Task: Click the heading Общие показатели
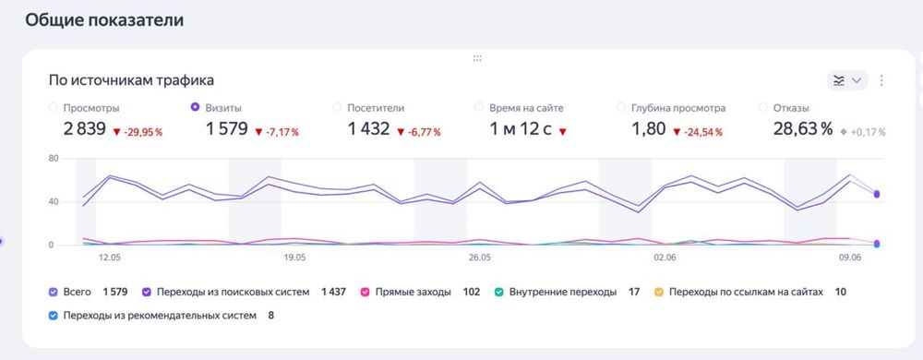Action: (x=104, y=20)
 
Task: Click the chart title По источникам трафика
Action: (x=132, y=80)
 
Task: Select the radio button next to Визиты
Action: (x=195, y=107)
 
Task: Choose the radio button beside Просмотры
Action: (x=53, y=107)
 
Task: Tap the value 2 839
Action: (x=85, y=129)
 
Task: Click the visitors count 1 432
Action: (x=369, y=129)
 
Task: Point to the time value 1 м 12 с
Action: (x=521, y=129)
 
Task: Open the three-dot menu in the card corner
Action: (x=881, y=80)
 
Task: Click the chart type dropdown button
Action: (x=847, y=80)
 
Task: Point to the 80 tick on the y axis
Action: (x=54, y=159)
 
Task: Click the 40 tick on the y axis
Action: (x=54, y=201)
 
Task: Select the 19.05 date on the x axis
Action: (x=295, y=259)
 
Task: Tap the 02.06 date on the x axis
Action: (x=665, y=259)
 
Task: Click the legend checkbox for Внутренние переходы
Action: (x=500, y=292)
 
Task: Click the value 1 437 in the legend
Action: (x=333, y=292)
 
